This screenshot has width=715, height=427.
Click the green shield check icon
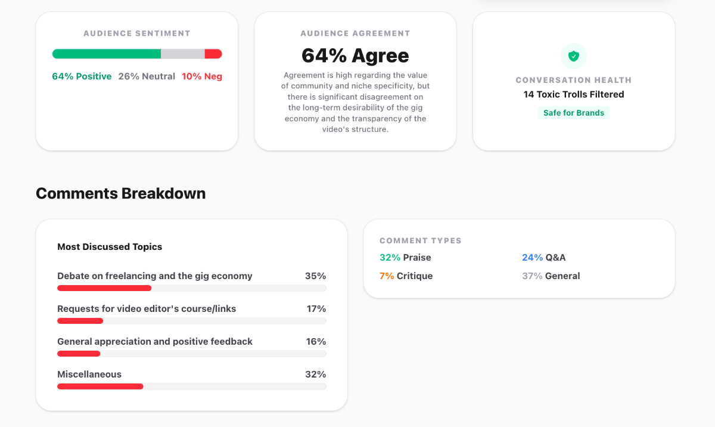(x=573, y=56)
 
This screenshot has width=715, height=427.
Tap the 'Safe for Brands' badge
(x=573, y=113)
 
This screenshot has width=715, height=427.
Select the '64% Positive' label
(x=82, y=76)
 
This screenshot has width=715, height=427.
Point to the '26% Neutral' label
(x=147, y=76)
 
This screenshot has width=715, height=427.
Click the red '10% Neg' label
(x=202, y=76)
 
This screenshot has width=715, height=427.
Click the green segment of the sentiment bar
(x=107, y=54)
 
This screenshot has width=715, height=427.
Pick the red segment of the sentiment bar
(x=213, y=54)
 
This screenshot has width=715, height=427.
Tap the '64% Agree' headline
(x=355, y=55)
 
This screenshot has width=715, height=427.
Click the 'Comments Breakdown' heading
(x=121, y=193)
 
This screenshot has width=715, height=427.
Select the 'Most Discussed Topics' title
(x=110, y=247)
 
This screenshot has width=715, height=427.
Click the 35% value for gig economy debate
(x=315, y=276)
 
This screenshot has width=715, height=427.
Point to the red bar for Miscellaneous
(x=100, y=386)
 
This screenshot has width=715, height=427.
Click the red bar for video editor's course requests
(x=80, y=321)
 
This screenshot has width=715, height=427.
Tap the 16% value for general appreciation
(x=315, y=342)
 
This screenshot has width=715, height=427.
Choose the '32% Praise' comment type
(x=405, y=258)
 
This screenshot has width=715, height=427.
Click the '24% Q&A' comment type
(x=543, y=258)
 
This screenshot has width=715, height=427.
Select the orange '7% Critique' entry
(x=406, y=276)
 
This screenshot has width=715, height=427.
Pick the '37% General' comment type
(x=551, y=276)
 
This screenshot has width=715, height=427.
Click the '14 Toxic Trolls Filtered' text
(x=573, y=94)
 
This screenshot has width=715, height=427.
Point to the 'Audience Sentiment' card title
(x=137, y=33)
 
